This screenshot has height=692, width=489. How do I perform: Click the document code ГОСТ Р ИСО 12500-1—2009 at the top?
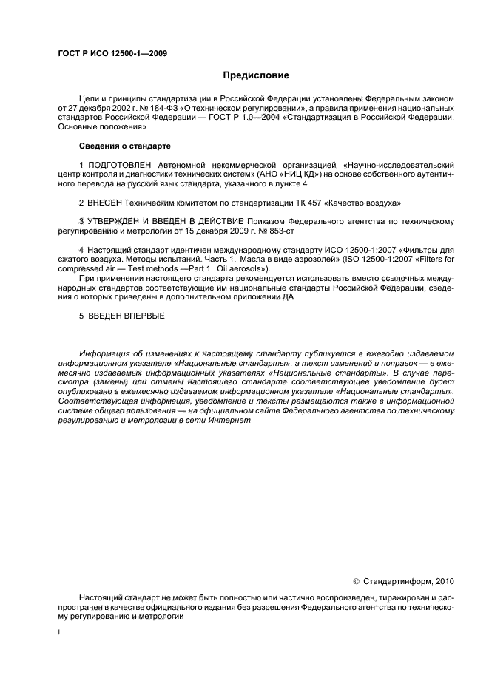tap(112, 53)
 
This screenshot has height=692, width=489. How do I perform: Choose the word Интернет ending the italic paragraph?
tap(252, 421)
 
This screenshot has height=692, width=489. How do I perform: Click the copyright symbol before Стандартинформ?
tap(356, 582)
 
